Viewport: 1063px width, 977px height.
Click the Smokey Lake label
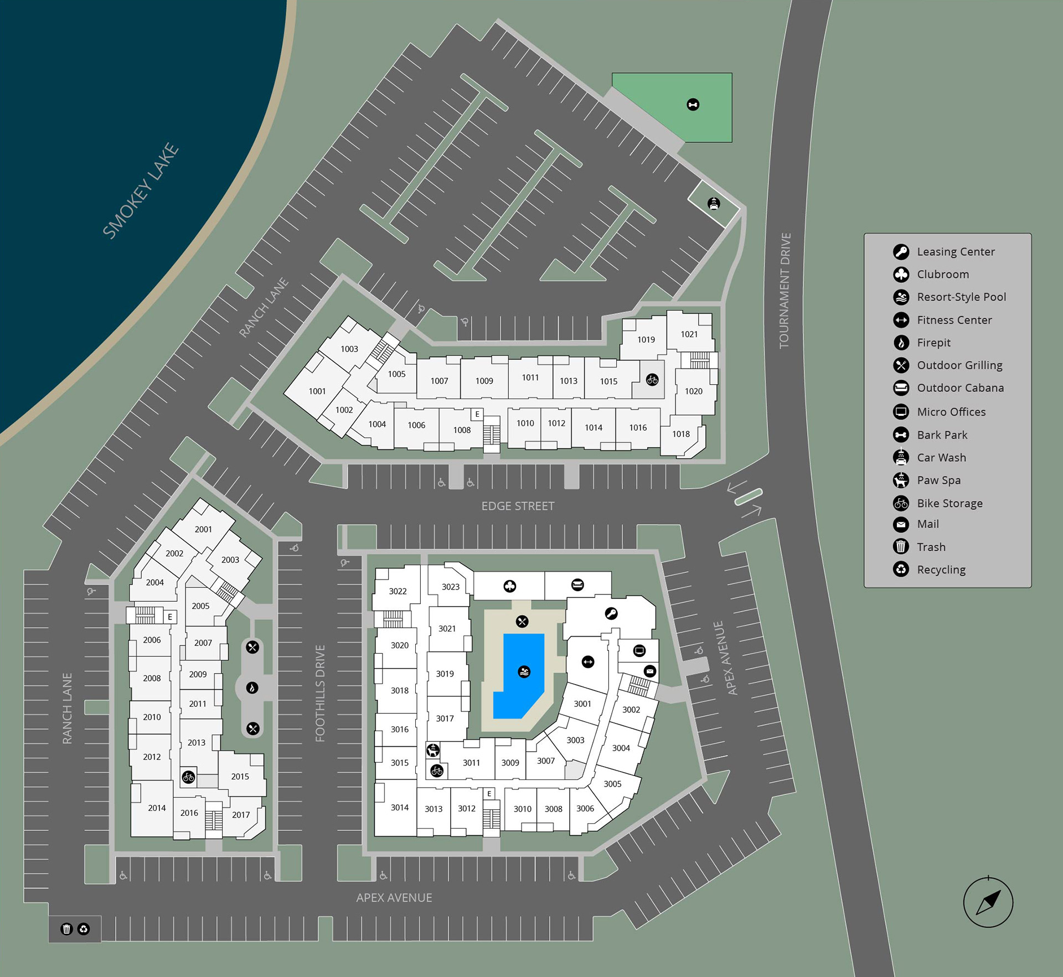[x=141, y=191]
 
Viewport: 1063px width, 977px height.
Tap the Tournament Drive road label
[x=785, y=291]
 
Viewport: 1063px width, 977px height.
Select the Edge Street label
[x=518, y=506]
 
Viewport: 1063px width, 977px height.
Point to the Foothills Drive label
[x=320, y=693]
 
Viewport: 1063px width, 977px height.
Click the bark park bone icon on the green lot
[x=693, y=105]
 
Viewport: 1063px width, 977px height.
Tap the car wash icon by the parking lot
[x=714, y=203]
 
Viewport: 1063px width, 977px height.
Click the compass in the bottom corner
[x=988, y=902]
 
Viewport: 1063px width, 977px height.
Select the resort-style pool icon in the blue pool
[x=524, y=671]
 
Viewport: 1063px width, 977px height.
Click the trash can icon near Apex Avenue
[x=66, y=929]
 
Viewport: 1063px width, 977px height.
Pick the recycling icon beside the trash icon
[x=84, y=929]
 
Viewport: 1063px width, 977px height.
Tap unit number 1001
[x=317, y=391]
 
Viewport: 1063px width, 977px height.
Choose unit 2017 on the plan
[x=241, y=815]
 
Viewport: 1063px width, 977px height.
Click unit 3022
[x=398, y=591]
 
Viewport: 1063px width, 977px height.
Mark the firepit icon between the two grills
[x=252, y=688]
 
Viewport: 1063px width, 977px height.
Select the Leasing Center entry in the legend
[x=956, y=252]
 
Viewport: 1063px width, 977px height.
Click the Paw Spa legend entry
[x=938, y=480]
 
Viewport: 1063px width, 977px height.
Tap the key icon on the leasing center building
[x=611, y=613]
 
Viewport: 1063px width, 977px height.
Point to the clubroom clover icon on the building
[x=510, y=586]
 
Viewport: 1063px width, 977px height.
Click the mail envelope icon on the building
[x=650, y=671]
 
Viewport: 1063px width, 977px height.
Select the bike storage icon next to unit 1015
[x=652, y=380]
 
